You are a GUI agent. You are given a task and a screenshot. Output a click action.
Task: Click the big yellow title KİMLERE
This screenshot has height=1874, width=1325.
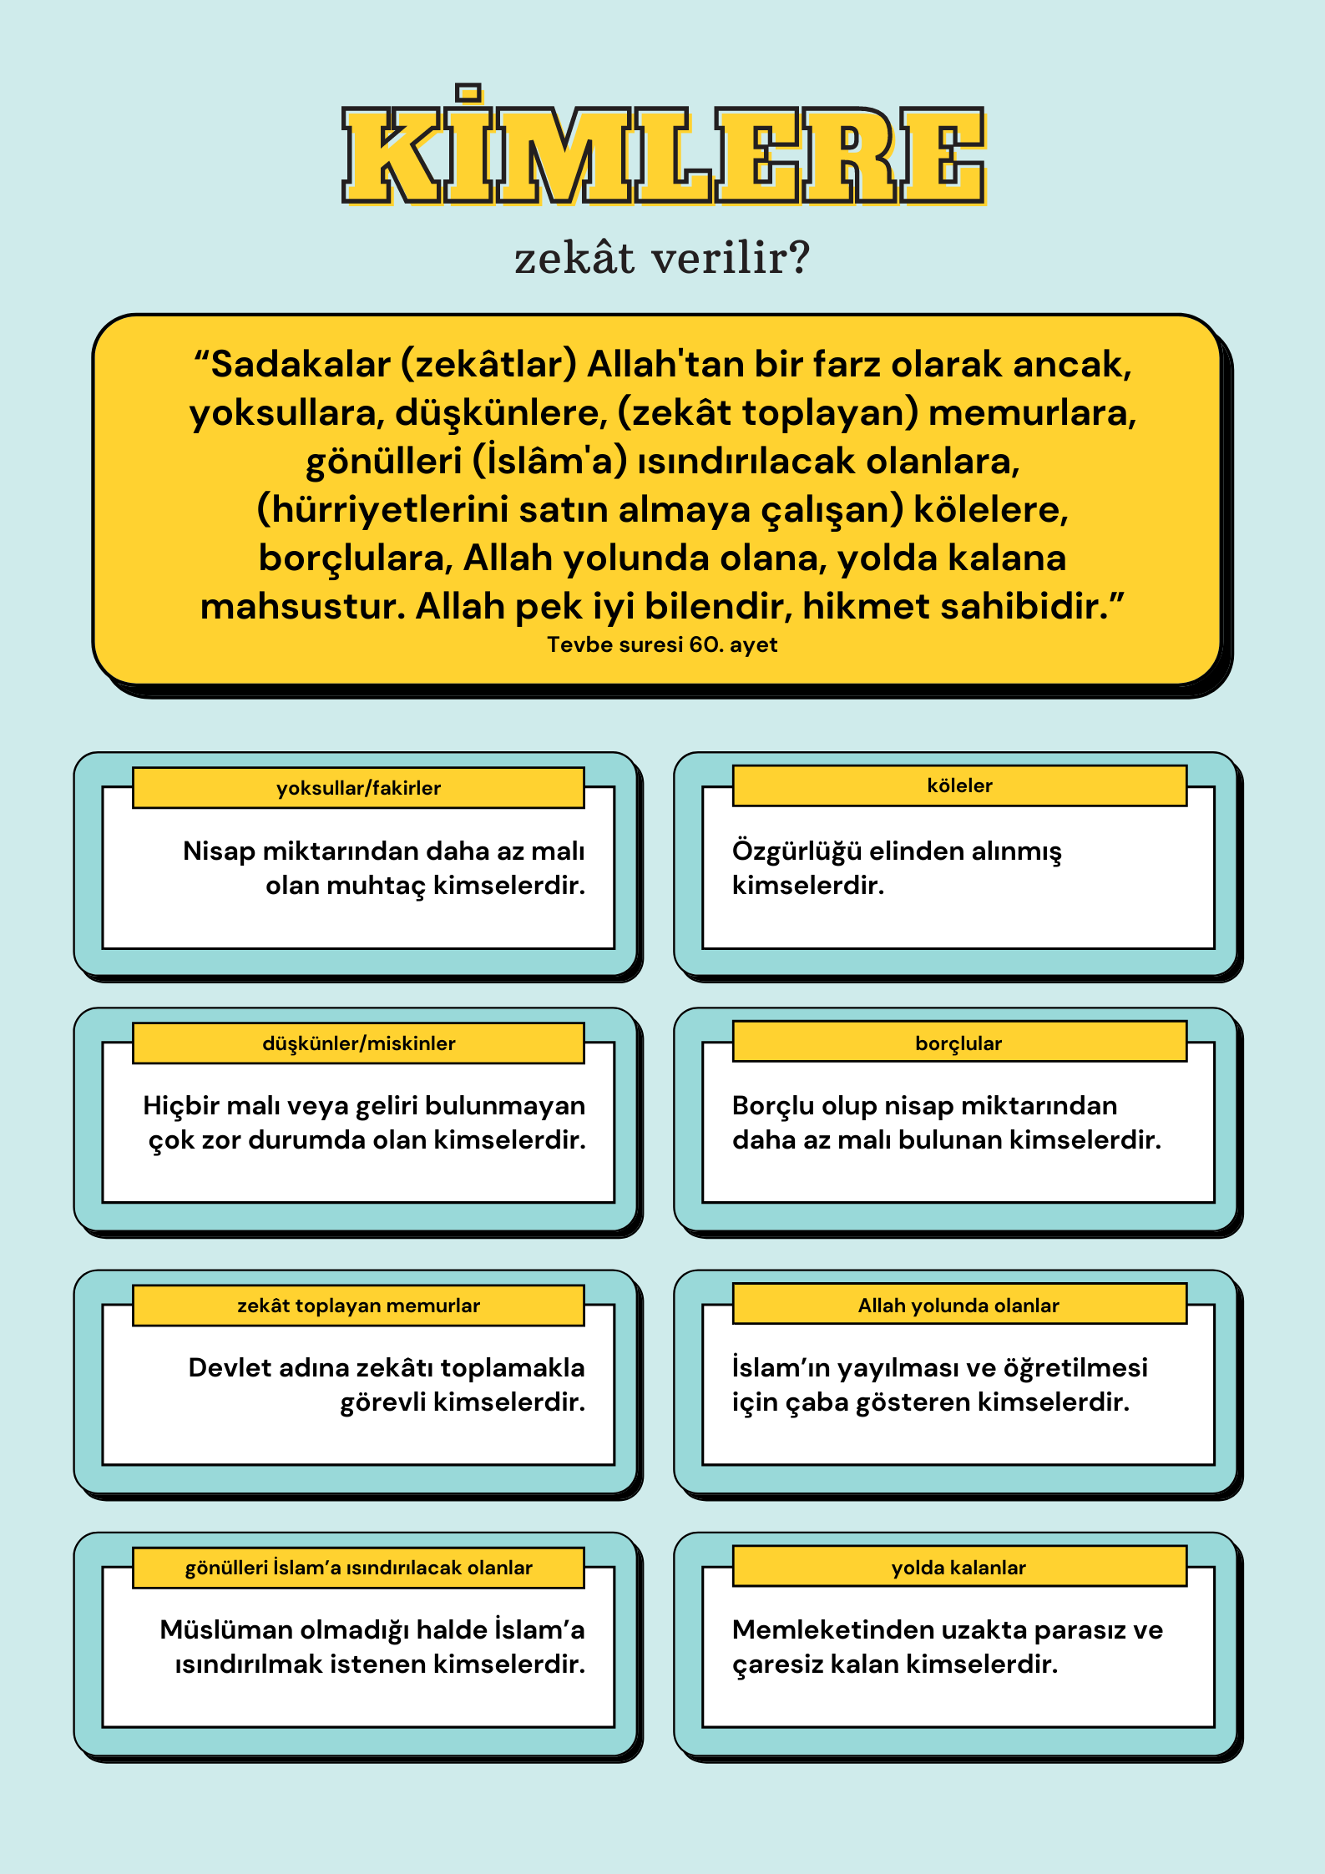pos(664,155)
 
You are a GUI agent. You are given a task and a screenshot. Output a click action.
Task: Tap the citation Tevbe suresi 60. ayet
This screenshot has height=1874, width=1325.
pos(662,644)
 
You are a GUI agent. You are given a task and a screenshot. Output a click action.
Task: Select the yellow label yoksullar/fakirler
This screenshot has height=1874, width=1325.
pos(358,788)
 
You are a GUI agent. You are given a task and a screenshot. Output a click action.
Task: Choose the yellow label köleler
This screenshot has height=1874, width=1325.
pos(959,785)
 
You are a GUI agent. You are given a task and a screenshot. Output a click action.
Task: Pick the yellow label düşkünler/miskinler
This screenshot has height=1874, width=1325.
pos(358,1043)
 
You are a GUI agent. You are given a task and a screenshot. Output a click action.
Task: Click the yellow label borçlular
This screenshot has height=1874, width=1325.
pos(958,1043)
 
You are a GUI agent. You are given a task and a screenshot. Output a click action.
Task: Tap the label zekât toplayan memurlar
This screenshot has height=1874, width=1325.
pos(358,1306)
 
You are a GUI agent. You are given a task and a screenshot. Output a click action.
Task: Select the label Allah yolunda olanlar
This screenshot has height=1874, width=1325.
pos(958,1306)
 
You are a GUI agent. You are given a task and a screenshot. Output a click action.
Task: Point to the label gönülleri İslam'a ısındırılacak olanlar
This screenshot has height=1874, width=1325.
pos(358,1568)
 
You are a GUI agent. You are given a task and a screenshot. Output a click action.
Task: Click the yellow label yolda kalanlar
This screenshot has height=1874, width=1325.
pos(958,1568)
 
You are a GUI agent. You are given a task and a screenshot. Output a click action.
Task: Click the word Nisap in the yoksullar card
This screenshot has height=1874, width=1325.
pos(219,851)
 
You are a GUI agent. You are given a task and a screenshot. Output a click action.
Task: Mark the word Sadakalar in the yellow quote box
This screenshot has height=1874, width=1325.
pos(301,365)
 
